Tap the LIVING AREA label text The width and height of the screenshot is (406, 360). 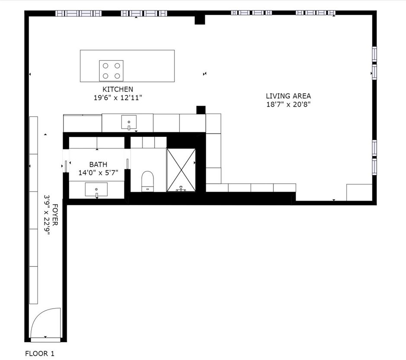coord(288,96)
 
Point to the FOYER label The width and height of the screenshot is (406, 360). coord(55,215)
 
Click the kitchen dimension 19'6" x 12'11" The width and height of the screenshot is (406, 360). coord(118,98)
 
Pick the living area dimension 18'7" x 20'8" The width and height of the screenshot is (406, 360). coord(288,104)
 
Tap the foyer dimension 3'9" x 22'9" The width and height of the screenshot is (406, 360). coord(47,215)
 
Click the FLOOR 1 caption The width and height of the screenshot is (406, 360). coord(40,354)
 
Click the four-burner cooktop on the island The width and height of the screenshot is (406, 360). coord(111,71)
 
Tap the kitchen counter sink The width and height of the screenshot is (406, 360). coord(129,123)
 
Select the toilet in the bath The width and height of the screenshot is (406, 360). coord(148,180)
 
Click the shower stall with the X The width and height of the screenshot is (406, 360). coord(181,170)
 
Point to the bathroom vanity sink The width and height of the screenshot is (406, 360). coord(96,189)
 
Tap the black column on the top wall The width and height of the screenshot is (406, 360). coord(200,19)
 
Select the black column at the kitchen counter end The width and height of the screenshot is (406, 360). coord(200,110)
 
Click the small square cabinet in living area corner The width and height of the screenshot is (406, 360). coord(359,192)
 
